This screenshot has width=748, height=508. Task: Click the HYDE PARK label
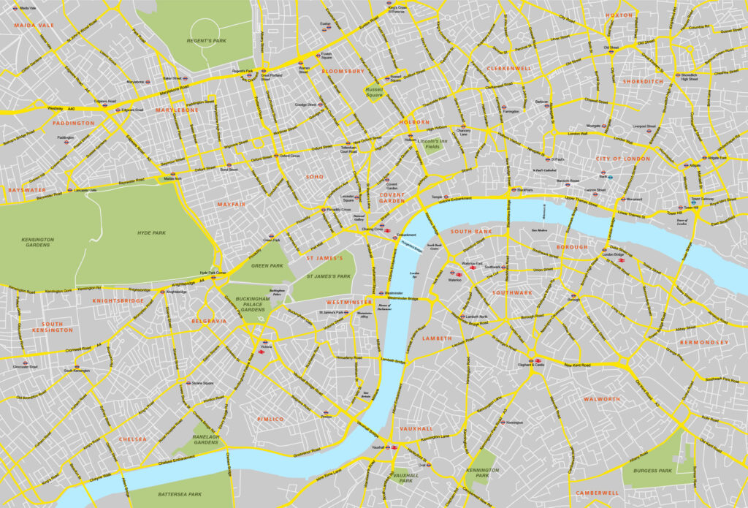151,232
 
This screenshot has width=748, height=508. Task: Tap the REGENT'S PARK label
209,41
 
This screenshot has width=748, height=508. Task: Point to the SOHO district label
314,177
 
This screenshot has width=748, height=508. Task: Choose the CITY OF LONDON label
622,159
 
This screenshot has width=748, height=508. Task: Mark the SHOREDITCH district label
643,82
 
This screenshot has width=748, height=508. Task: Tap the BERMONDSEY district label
703,342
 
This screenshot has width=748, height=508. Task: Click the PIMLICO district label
270,419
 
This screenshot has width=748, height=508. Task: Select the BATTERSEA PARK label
180,494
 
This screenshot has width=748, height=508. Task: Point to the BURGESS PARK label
652,471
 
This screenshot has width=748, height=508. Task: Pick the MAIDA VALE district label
34,26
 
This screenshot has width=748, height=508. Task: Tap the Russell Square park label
374,92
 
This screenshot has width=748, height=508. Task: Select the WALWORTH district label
601,399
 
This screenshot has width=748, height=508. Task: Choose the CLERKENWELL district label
508,68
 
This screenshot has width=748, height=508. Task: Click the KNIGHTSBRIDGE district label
118,300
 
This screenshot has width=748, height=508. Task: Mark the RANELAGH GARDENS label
206,439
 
